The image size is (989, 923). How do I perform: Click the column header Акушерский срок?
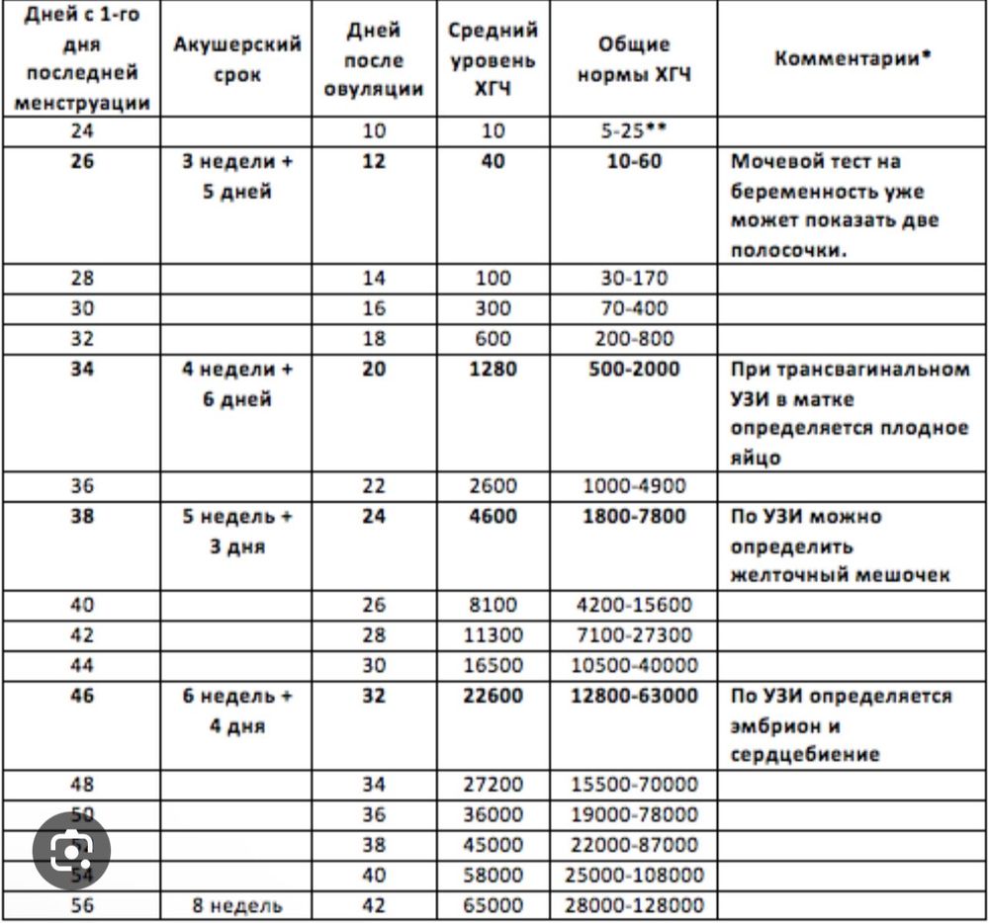(236, 59)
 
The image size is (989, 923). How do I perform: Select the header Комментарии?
(853, 57)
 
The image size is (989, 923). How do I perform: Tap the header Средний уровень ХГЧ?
(493, 59)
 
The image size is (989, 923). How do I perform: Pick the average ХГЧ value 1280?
(493, 370)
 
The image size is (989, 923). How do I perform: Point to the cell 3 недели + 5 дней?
(236, 176)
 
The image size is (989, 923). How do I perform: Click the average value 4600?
(493, 516)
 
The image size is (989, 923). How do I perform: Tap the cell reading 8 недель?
(236, 905)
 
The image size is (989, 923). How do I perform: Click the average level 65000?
(493, 905)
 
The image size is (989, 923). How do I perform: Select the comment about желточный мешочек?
(841, 545)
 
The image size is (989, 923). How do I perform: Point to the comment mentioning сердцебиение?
(841, 725)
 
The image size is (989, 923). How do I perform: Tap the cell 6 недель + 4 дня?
(236, 711)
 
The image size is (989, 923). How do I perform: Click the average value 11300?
(493, 634)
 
